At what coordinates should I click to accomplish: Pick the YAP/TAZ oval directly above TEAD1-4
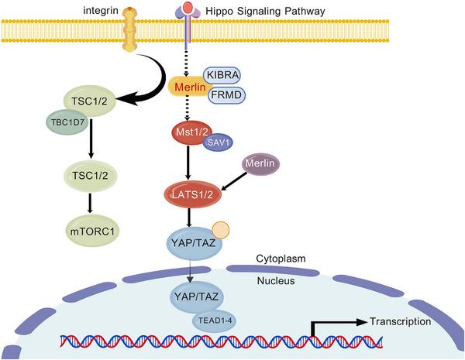194,297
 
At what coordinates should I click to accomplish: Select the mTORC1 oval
91,230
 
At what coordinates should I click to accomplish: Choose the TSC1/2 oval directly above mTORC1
91,177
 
